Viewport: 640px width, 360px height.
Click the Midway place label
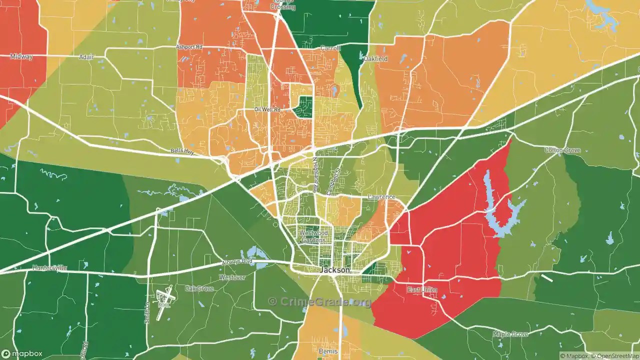[21, 56]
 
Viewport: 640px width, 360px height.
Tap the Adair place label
[86, 57]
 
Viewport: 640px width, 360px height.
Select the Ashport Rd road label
[188, 47]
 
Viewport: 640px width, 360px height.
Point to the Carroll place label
[330, 48]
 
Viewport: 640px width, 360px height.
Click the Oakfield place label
[375, 58]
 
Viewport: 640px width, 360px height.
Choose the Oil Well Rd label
[267, 109]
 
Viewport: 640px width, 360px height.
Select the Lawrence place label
[381, 197]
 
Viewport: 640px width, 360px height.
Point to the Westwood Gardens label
[313, 236]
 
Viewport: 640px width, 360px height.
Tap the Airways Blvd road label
[239, 261]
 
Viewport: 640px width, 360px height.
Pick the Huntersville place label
[49, 267]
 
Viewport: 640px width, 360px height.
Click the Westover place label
[232, 277]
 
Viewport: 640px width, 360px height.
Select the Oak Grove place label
[199, 288]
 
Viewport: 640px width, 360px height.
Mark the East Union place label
[422, 290]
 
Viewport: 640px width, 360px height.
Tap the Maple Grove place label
[510, 333]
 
